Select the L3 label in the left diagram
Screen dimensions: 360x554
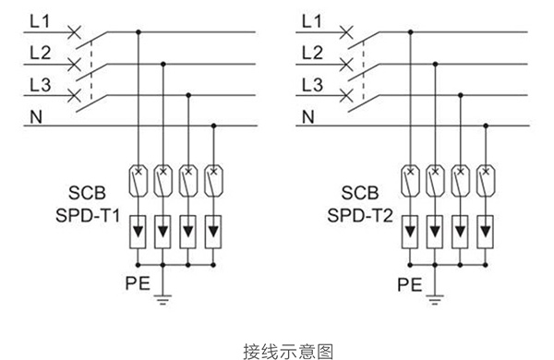tap(40, 85)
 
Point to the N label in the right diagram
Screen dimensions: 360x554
tap(309, 117)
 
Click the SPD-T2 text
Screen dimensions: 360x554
tap(357, 215)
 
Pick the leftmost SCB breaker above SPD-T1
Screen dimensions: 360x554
tap(138, 174)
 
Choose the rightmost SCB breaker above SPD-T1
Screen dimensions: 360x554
tap(213, 174)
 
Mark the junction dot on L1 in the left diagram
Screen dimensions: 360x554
tap(138, 32)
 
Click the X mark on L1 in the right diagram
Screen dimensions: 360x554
tap(346, 32)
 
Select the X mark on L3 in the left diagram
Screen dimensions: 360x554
tap(74, 94)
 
